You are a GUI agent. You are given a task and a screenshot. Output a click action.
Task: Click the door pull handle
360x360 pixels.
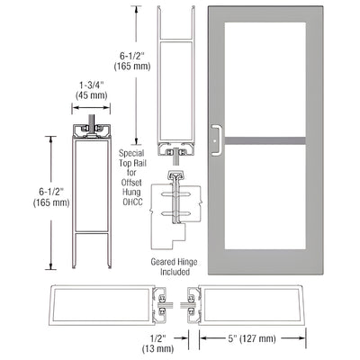[216, 136]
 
